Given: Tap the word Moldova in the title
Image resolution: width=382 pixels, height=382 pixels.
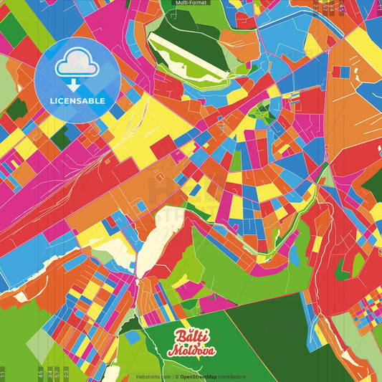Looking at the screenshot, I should click(191, 351).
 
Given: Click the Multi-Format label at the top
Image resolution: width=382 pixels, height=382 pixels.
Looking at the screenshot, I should click(191, 3).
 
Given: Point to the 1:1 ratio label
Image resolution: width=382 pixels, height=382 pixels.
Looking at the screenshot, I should click(3, 373).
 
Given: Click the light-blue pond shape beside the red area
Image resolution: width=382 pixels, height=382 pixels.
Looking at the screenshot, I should click(295, 252).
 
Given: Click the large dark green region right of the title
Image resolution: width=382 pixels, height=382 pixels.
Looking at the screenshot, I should click(272, 337).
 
